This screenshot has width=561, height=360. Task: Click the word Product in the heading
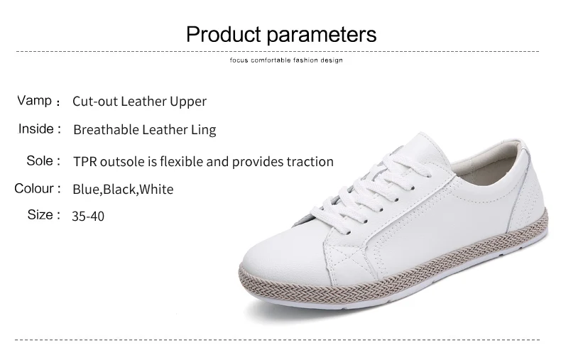point(223,34)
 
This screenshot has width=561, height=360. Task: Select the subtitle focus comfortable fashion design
point(286,60)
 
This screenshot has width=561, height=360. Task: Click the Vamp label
point(35,101)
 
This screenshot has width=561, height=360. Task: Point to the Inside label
point(36,129)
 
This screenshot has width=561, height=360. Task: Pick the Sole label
point(40,160)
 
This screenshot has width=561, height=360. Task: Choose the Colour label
point(34,188)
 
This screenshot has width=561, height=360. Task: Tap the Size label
point(40,214)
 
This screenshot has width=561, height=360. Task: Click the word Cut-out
point(95,102)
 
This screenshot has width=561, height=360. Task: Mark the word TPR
point(85,162)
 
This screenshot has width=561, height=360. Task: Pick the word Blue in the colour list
point(87,190)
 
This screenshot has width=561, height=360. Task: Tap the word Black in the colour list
point(120,190)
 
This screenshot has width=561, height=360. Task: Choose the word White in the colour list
point(156,190)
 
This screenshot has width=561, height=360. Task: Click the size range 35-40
point(88,216)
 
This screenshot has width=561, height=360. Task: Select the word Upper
point(188,102)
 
